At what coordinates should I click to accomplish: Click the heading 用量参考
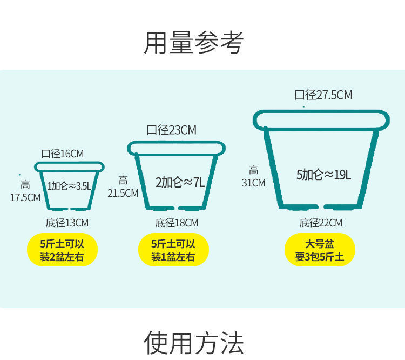tap(193, 43)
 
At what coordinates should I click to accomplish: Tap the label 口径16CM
tap(63, 154)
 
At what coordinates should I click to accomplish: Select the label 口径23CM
tap(171, 130)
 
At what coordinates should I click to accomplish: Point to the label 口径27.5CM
tap(323, 96)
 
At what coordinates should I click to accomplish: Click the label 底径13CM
tap(67, 223)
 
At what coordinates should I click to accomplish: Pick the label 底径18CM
tap(177, 223)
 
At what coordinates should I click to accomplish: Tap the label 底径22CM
tap(321, 223)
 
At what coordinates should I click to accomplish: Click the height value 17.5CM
tap(25, 197)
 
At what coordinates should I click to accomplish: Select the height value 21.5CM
tap(123, 193)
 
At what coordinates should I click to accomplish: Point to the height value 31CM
tap(253, 183)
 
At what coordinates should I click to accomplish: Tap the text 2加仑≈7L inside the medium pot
tap(180, 182)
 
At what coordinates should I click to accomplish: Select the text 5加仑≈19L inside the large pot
tap(323, 175)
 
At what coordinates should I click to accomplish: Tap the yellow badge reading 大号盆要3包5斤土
tap(320, 250)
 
